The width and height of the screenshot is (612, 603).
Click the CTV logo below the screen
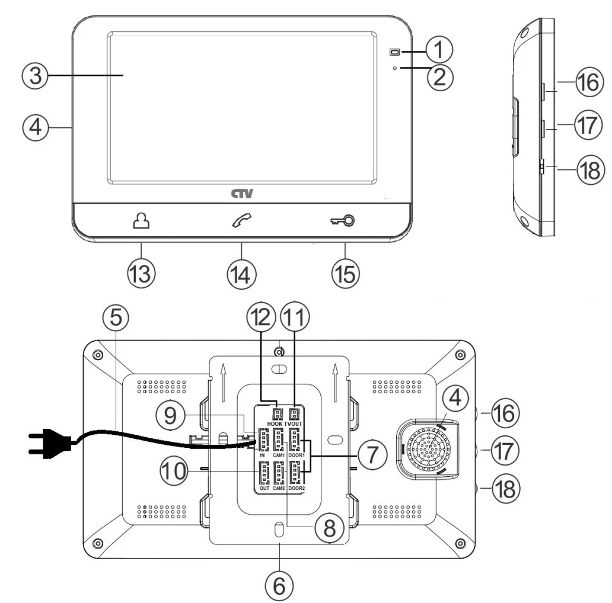(241, 193)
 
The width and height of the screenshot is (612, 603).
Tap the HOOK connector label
(274, 424)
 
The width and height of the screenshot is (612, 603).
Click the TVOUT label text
(294, 424)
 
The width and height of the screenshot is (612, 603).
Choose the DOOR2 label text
(297, 489)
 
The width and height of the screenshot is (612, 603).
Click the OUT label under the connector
(264, 489)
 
